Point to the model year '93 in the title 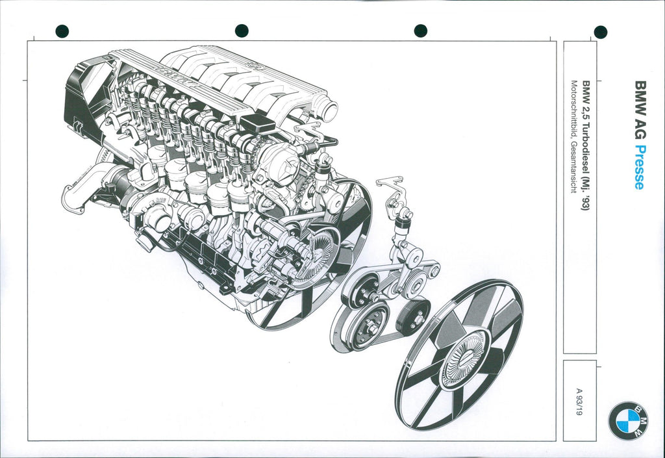pyautogui.click(x=586, y=205)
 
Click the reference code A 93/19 pyautogui.click(x=580, y=401)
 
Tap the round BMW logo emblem pyautogui.click(x=628, y=420)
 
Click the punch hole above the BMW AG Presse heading pyautogui.click(x=601, y=32)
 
